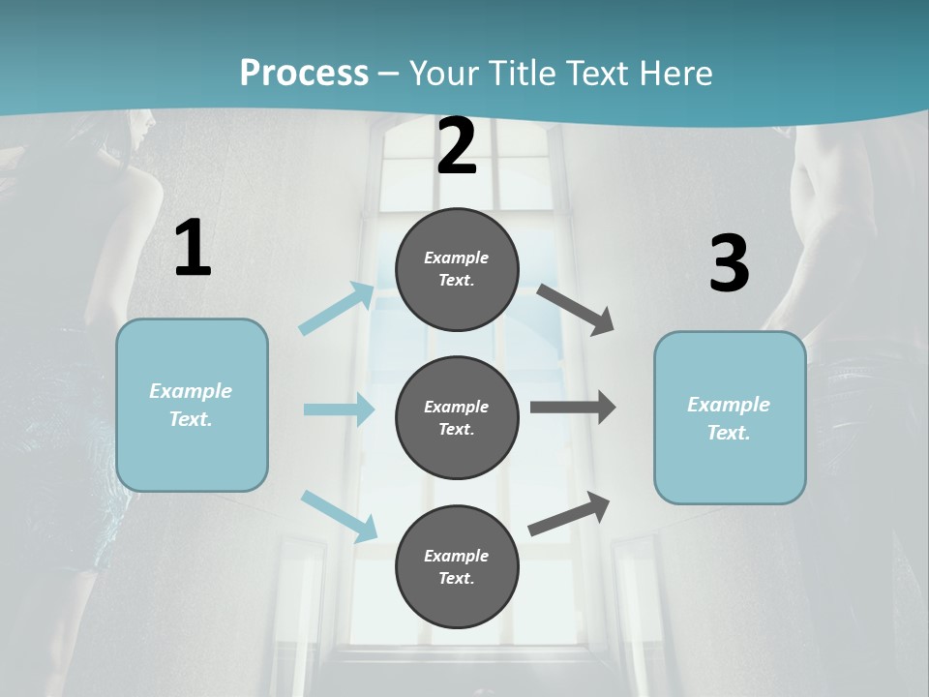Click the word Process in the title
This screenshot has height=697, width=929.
tap(304, 73)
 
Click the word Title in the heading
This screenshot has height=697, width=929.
tap(521, 73)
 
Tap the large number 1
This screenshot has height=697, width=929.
tap(193, 249)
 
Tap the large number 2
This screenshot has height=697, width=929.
tap(457, 146)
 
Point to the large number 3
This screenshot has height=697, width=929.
tap(729, 263)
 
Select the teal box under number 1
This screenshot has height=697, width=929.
tap(192, 405)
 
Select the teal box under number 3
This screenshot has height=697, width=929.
tap(730, 418)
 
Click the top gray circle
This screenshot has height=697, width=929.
tap(457, 269)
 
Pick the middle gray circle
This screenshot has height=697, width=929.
tap(457, 417)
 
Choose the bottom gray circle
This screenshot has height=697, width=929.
tap(457, 566)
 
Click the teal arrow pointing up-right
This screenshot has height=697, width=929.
tap(337, 309)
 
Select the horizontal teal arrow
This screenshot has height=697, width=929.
tap(339, 409)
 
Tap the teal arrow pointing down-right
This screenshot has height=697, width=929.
tap(339, 516)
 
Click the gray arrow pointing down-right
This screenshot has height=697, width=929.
tap(576, 310)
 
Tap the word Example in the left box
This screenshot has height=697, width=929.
tap(191, 391)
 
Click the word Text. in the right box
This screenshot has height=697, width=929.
tap(729, 433)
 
